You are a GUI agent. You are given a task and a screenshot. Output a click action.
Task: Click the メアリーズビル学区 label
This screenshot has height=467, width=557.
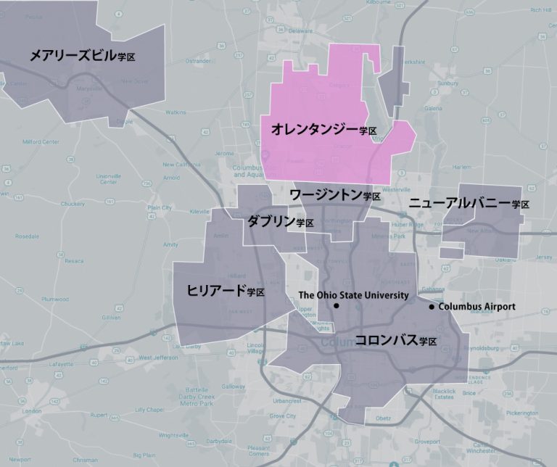83,55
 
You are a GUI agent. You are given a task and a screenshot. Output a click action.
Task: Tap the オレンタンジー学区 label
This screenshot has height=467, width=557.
323,130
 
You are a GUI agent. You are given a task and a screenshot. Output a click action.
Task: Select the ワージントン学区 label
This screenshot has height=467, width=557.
334,194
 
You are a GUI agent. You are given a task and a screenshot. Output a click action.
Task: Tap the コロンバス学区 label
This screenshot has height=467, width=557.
395,340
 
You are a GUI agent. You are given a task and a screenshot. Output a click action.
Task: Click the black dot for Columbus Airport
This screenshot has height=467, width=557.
432,307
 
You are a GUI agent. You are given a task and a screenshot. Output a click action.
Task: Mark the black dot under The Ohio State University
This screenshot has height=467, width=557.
337,306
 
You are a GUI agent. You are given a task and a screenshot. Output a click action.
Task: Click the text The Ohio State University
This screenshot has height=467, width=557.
353,295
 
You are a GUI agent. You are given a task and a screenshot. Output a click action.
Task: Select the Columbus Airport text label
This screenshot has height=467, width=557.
477,307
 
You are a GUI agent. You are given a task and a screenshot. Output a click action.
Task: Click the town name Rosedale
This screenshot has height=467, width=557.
27,236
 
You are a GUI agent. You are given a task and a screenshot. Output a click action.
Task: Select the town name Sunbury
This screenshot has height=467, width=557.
448,83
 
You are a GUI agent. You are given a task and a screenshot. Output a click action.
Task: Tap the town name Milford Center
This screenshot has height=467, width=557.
41,141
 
